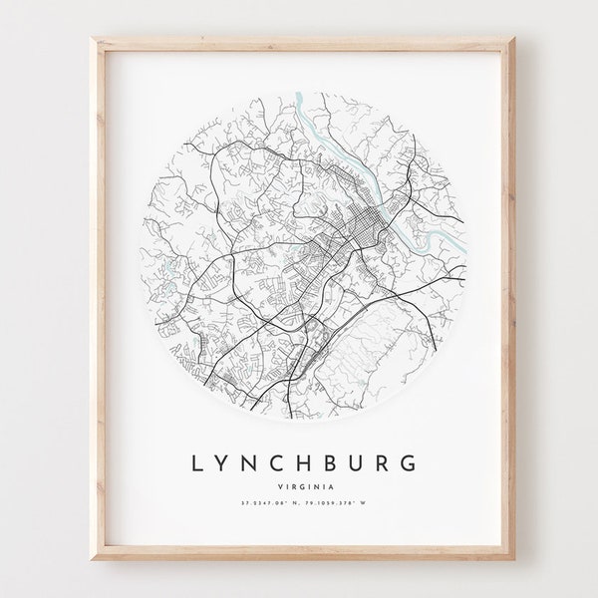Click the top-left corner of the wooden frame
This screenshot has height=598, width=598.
click(93, 39)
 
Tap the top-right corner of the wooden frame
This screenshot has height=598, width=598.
click(506, 39)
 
